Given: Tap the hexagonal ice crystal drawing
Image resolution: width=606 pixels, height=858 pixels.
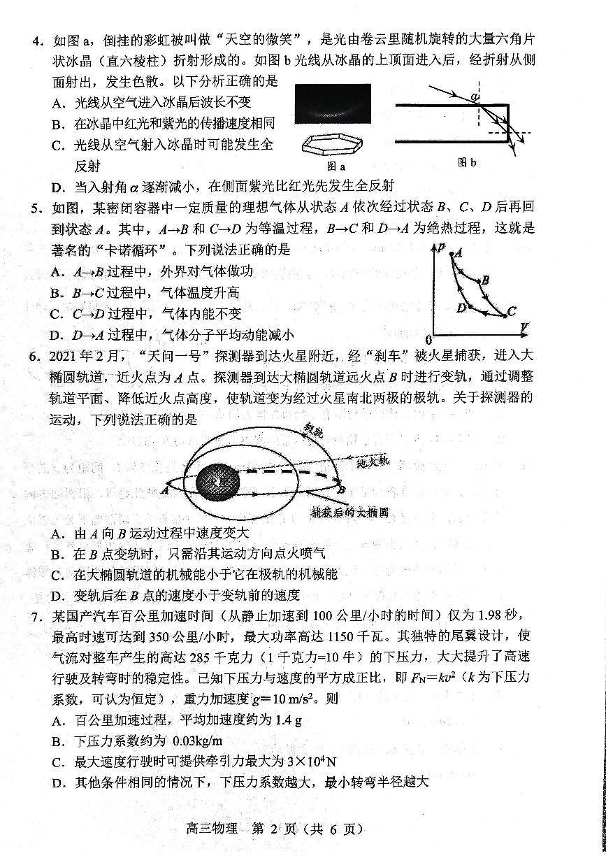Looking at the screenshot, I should click(335, 145).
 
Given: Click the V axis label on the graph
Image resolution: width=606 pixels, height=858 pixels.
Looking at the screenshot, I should click(524, 326).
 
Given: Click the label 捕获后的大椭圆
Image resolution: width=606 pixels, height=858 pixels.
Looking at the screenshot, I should click(349, 512).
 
